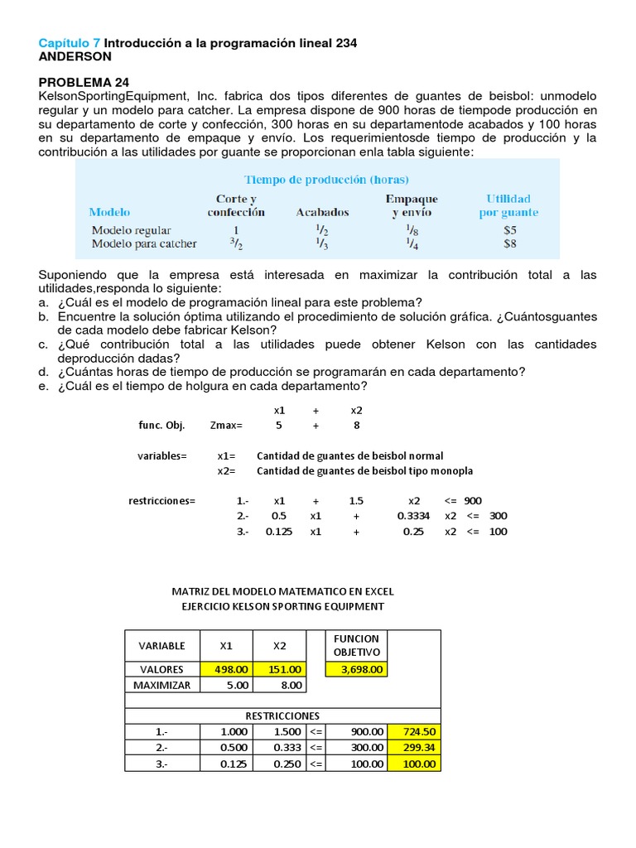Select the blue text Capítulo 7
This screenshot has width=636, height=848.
coord(70,42)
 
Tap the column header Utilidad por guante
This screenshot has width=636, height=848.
coord(508,205)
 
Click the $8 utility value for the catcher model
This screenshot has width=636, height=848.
coord(510,243)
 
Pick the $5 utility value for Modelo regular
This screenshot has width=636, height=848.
coord(510,230)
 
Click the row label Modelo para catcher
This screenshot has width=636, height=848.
coord(144,243)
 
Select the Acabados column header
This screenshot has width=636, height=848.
coord(322,212)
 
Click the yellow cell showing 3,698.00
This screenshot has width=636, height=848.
coord(356,669)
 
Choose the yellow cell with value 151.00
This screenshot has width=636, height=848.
coord(279,669)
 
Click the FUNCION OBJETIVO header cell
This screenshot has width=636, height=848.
coord(356,646)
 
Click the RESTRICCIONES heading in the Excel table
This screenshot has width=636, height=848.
coord(282,715)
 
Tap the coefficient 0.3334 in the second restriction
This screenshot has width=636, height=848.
coord(413,515)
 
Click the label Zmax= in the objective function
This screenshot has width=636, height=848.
coord(226,425)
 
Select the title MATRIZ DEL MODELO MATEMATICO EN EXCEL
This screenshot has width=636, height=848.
coord(282,591)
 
